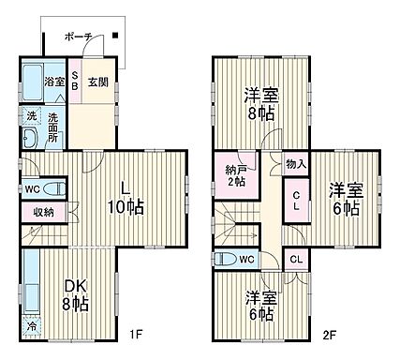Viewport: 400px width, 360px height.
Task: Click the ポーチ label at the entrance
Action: (x=78, y=37)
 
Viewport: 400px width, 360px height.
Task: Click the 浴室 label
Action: (x=54, y=82)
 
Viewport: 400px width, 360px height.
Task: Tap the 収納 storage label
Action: (x=42, y=213)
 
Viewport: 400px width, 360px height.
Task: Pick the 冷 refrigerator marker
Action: (x=31, y=327)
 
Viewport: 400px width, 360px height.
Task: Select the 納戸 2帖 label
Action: (x=235, y=176)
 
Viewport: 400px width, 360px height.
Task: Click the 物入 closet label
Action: (x=293, y=162)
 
